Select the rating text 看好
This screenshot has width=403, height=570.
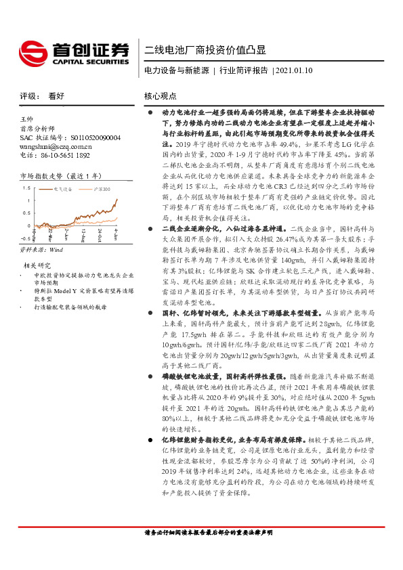(56, 96)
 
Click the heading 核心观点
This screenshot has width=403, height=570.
(161, 96)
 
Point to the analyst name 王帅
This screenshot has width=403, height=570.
(27, 119)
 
